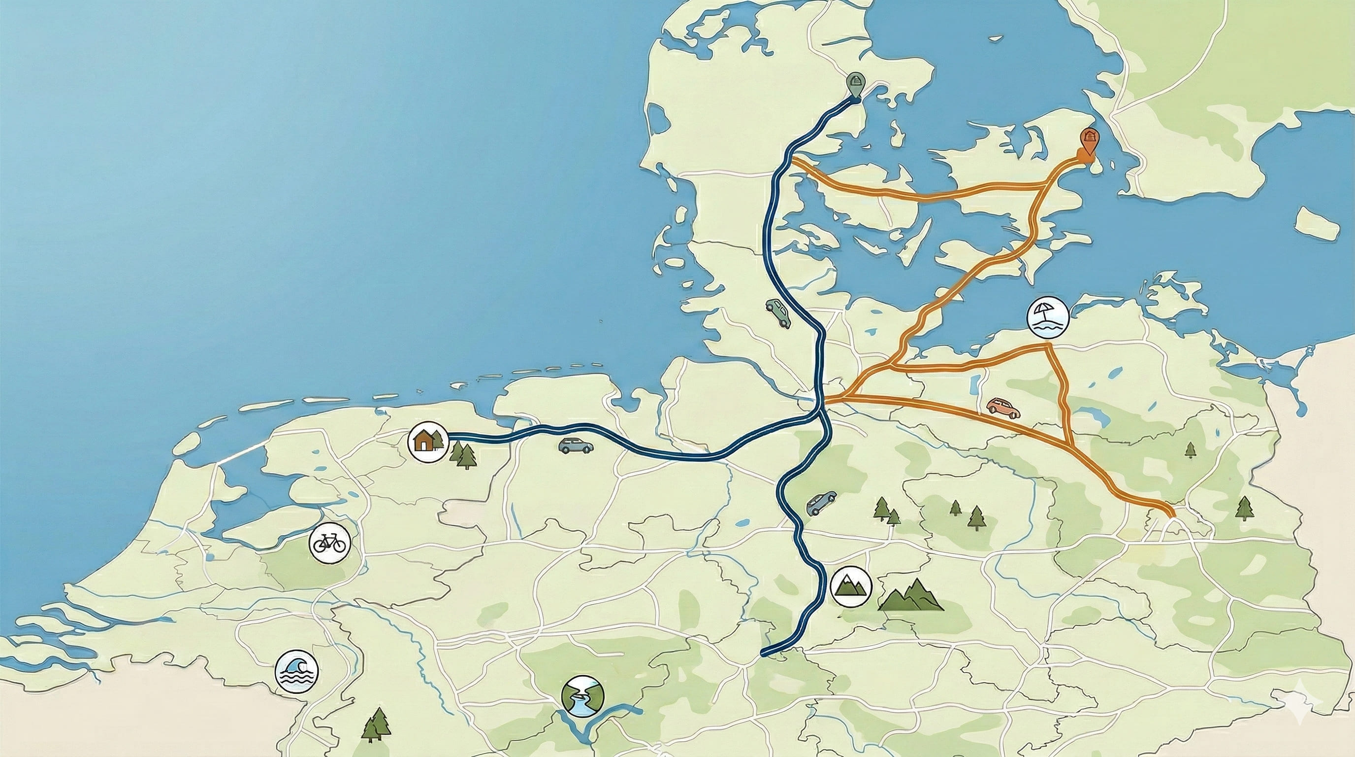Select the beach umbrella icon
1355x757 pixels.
1047,318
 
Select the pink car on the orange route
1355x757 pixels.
1003,408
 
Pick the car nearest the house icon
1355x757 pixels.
576,446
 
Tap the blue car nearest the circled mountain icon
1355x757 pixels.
821,503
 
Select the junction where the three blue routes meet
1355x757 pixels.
821,412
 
